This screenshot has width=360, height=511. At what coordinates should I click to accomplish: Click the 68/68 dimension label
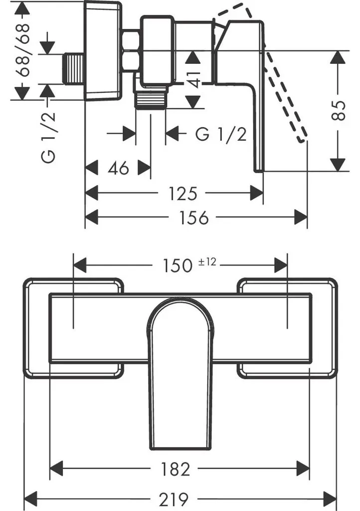(x=24, y=50)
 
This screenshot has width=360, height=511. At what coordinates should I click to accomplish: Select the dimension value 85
(x=339, y=110)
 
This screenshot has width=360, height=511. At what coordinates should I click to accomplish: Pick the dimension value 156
(x=194, y=218)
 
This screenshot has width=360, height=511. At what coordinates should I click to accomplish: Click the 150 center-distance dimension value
(x=178, y=265)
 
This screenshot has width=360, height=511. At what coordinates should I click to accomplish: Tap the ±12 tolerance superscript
(x=207, y=261)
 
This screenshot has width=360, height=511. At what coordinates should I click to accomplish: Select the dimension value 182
(x=175, y=470)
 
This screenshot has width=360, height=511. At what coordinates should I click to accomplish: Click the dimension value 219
(x=174, y=499)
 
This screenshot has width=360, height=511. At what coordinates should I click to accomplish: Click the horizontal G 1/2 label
(x=221, y=134)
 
